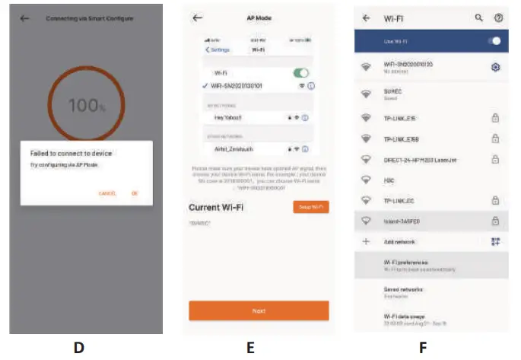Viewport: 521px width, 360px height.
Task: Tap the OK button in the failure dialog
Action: tap(135, 193)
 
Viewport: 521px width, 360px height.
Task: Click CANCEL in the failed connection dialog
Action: tap(107, 193)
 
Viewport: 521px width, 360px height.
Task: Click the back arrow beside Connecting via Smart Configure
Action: tap(25, 18)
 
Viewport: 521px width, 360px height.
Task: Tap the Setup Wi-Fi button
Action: tap(310, 206)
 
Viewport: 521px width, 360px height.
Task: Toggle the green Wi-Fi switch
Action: tap(302, 72)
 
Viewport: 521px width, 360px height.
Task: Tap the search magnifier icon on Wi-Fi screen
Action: tap(478, 17)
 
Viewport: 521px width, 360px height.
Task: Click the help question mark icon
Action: tap(499, 17)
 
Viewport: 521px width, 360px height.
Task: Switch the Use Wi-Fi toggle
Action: tap(494, 40)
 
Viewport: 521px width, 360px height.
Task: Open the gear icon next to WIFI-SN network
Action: tap(495, 68)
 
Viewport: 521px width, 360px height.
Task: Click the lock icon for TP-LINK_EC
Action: tap(495, 200)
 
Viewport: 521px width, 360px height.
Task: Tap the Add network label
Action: tap(400, 241)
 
